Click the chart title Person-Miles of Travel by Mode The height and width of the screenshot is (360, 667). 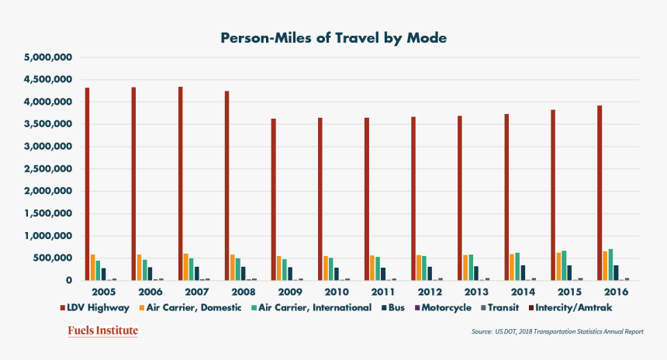click(333, 37)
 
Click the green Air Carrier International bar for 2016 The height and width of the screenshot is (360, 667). click(610, 265)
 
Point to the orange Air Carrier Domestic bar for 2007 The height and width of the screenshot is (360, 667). click(186, 267)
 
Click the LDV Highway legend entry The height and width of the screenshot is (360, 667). click(95, 308)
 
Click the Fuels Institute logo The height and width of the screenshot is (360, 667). click(102, 331)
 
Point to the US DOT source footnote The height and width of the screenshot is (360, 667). click(557, 332)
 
